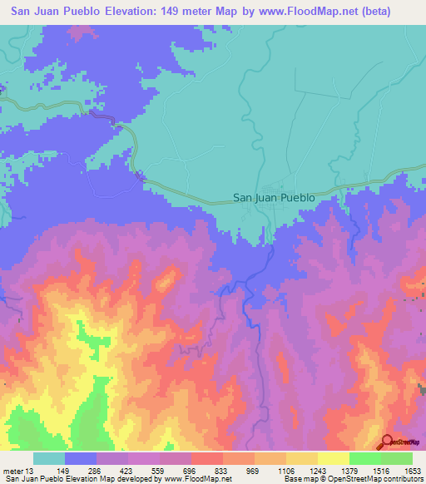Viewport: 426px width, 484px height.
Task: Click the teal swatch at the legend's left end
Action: tap(49, 458)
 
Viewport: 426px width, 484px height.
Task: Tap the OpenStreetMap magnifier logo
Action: tap(389, 442)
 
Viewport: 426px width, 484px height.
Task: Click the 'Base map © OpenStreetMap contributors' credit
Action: tap(353, 480)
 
